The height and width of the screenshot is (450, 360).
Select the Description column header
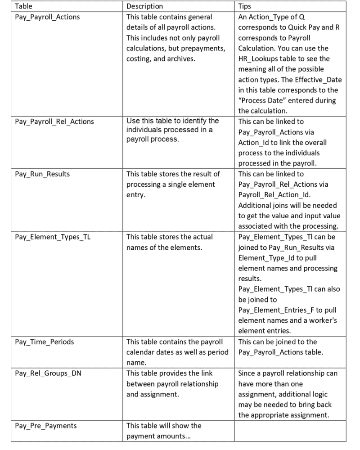tap(144, 7)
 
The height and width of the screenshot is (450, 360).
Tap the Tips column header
tap(245, 7)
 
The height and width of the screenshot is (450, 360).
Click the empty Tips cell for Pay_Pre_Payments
tap(296, 430)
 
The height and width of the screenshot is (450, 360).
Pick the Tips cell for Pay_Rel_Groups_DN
tap(296, 394)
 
